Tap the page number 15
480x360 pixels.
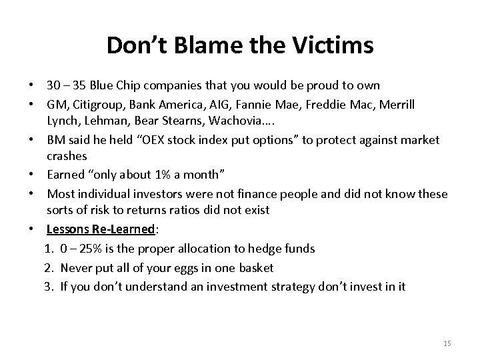[447, 343]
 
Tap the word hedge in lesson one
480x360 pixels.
[253, 249]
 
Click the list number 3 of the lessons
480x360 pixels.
[51, 286]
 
